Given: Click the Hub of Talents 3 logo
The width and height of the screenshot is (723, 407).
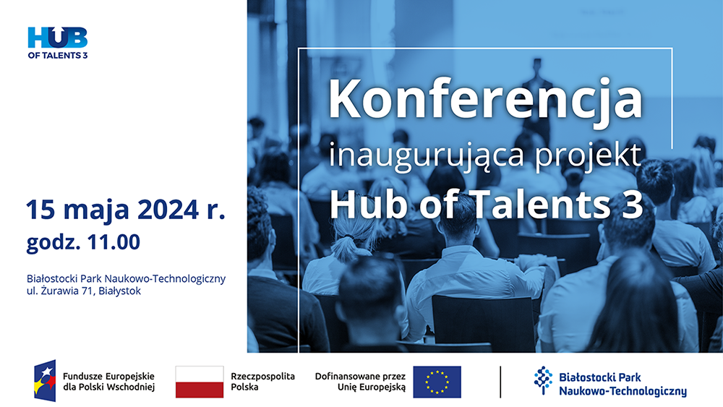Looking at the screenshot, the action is pos(58,43).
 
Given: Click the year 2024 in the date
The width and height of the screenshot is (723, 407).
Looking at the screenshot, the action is pos(168,210).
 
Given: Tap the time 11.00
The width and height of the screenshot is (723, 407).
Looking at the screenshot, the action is pos(114,242).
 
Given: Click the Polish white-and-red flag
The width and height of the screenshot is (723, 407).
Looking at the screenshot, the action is pos(200,382).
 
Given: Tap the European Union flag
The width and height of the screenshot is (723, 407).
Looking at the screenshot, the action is pos(437,382).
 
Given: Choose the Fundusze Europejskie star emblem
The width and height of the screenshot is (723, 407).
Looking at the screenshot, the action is pos(45,381).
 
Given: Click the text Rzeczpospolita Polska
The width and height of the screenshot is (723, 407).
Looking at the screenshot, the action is pos(263,382).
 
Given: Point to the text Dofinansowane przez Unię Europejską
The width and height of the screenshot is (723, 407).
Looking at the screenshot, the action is pos(361,382).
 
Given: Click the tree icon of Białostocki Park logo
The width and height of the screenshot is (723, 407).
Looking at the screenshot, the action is pos(544,380).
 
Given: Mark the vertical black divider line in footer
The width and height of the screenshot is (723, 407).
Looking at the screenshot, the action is pos(500,382).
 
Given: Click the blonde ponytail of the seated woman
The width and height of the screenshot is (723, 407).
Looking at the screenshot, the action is pos(345,248).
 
